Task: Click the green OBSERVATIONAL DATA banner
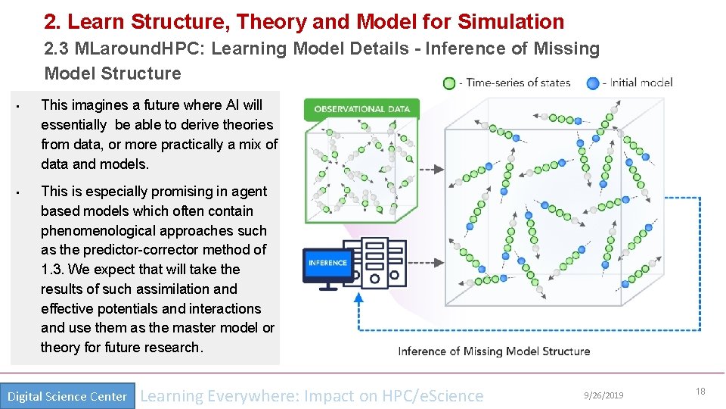coord(361,108)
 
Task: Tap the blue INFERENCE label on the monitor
coord(327,263)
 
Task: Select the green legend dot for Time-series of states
coord(449,83)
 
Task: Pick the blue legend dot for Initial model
coord(594,83)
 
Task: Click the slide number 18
coord(700,392)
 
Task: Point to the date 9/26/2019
coord(604,395)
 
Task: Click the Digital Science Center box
coord(67,396)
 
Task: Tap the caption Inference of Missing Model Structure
coord(494,351)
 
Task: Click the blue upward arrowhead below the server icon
coord(358,298)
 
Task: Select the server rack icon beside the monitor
coord(384,264)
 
